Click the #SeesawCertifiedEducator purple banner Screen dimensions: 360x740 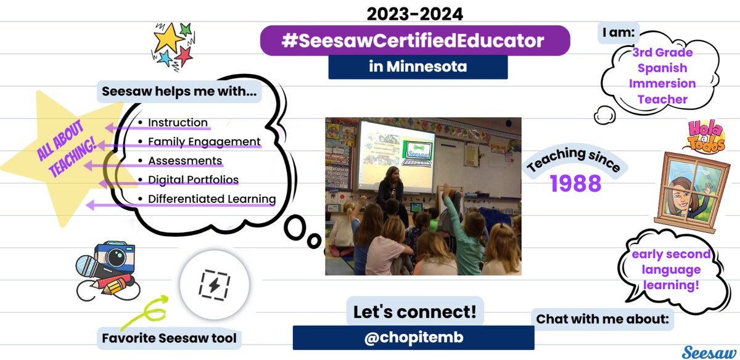(x=415, y=41)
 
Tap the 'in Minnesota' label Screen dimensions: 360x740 (x=417, y=67)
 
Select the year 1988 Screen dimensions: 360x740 (x=575, y=182)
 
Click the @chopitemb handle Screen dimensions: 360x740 (x=413, y=338)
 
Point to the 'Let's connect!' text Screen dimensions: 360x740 (x=414, y=311)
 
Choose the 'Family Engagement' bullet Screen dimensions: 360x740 (x=204, y=142)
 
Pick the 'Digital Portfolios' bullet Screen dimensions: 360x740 (x=193, y=180)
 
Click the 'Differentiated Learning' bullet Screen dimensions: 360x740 (x=212, y=199)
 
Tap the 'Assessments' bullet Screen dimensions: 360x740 (x=185, y=161)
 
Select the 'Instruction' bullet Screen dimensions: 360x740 (x=178, y=123)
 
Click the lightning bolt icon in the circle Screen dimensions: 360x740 (x=214, y=285)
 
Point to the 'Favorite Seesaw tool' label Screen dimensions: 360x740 (x=170, y=338)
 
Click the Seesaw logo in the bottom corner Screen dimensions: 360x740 (x=709, y=352)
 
